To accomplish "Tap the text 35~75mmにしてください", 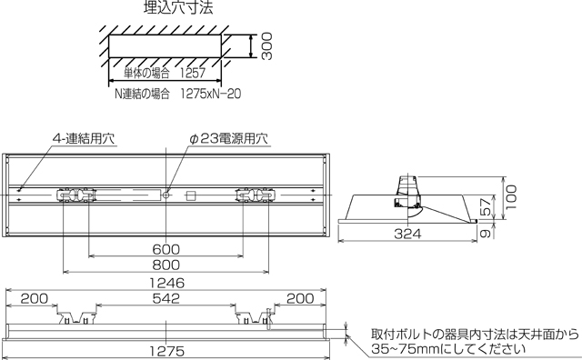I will click(445, 348).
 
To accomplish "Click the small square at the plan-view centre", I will click(191, 195).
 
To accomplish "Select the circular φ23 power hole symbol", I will click(167, 195).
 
